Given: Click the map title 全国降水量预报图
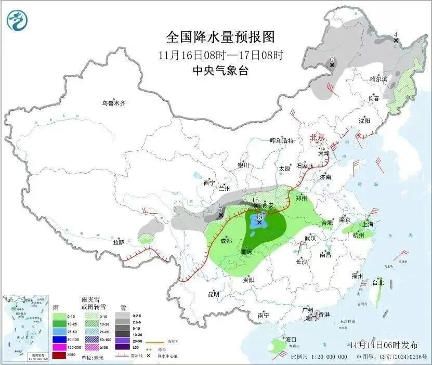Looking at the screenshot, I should pos(220,37).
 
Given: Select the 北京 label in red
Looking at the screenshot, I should pos(317,137).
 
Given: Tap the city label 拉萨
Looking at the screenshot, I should pos(119,242).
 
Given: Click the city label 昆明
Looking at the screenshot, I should pos(214,294).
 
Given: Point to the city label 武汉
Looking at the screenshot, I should pos(310,238).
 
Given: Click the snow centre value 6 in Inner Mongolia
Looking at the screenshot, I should pos(332,60).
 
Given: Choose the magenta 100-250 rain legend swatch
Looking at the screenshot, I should pos(60,347).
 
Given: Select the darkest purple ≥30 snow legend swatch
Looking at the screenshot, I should pos(123,347).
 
